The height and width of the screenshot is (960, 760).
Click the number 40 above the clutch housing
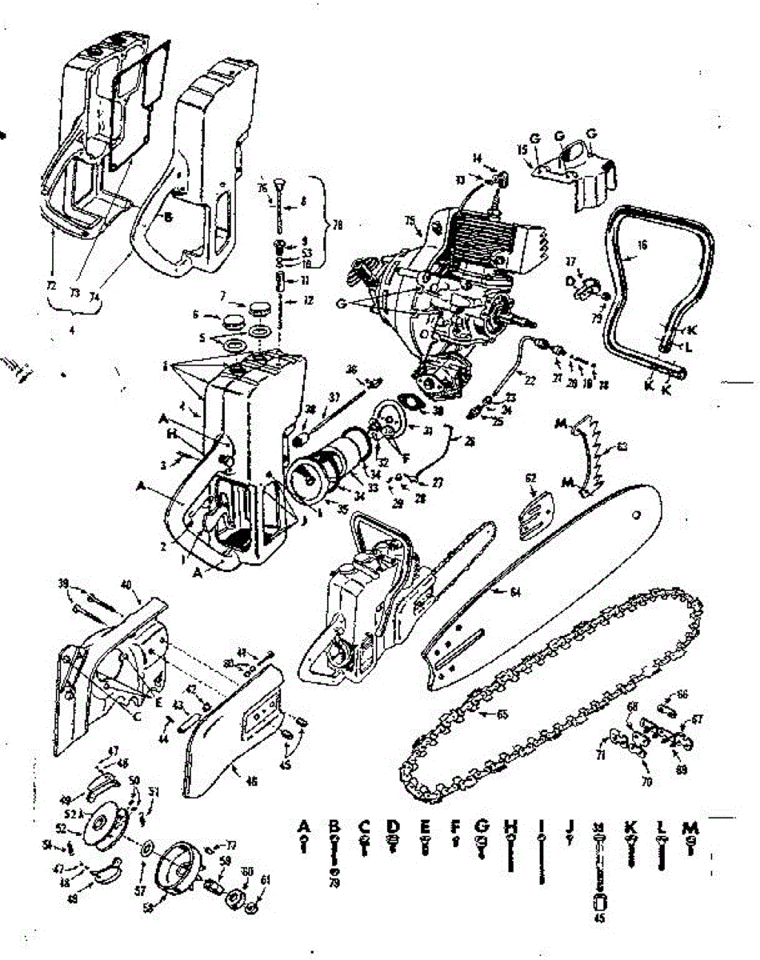tap(125, 584)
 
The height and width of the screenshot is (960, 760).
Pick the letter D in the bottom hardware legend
tap(392, 825)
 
